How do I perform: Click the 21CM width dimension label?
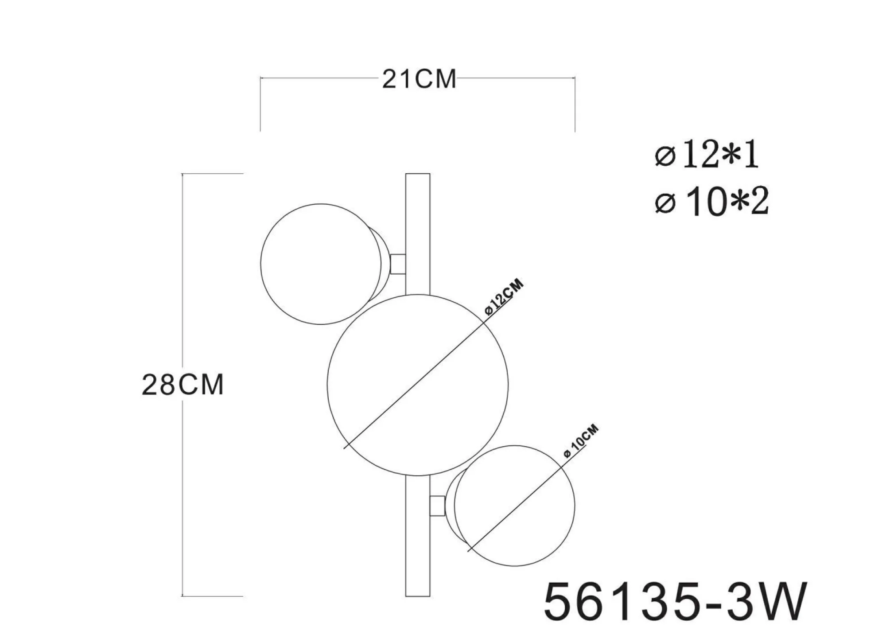419,80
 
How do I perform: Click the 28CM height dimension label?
183,385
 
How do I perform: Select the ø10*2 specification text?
711,202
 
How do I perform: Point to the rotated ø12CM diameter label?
505,297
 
